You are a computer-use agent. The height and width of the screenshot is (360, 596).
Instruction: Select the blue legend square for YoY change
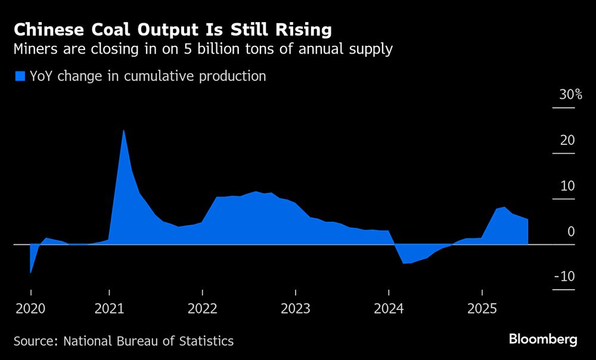(x=20, y=76)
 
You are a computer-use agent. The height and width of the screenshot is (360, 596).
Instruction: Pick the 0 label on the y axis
(x=570, y=231)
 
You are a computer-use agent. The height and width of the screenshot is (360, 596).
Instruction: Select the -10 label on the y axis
(x=564, y=277)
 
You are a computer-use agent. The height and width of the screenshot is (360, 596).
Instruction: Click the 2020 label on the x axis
(x=30, y=309)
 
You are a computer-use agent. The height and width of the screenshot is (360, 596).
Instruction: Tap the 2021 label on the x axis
(x=110, y=309)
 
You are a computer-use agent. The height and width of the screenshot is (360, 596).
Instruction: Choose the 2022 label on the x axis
(x=203, y=309)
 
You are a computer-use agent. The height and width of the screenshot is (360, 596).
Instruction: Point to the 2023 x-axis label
(x=296, y=309)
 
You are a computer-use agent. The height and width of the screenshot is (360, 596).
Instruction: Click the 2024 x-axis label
(x=389, y=309)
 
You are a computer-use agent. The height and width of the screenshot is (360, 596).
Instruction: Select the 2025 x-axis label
(x=482, y=309)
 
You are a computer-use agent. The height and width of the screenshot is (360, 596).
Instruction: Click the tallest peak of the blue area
(x=123, y=131)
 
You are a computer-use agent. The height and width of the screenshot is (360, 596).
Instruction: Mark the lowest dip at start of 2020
(x=30, y=272)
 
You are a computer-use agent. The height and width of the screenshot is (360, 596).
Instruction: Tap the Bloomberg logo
(x=543, y=340)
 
